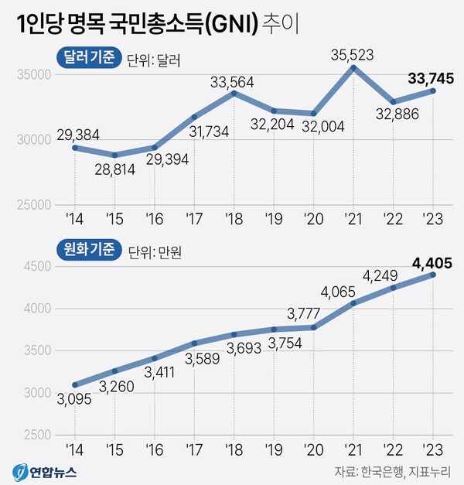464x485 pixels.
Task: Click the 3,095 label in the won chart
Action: click(x=75, y=398)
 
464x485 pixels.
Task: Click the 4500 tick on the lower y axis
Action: click(x=34, y=267)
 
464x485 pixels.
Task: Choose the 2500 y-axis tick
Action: click(x=34, y=435)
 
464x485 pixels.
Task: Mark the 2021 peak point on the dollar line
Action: click(x=353, y=68)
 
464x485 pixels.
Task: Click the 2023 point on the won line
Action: click(x=433, y=275)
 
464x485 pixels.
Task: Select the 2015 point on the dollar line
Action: click(x=115, y=155)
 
